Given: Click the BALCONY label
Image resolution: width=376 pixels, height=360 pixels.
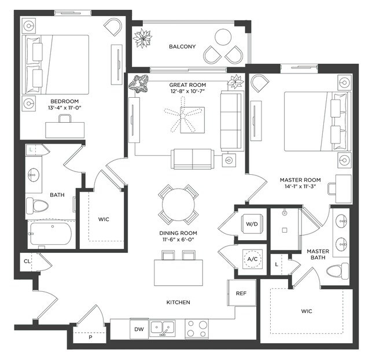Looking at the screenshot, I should click(182, 46).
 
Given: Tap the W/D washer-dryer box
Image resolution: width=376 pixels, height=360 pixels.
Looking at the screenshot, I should click(252, 223).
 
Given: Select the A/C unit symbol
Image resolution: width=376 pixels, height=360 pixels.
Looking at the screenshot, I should click(252, 259).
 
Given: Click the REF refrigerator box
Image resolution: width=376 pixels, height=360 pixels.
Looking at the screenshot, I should click(241, 293).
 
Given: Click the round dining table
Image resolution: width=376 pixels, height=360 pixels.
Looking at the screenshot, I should click(179, 204).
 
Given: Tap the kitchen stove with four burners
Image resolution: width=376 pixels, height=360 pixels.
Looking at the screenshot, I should click(197, 329).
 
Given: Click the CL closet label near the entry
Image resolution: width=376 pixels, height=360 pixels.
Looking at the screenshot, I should click(27, 261).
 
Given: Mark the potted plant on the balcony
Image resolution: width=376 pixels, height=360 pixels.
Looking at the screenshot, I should click(142, 39).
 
